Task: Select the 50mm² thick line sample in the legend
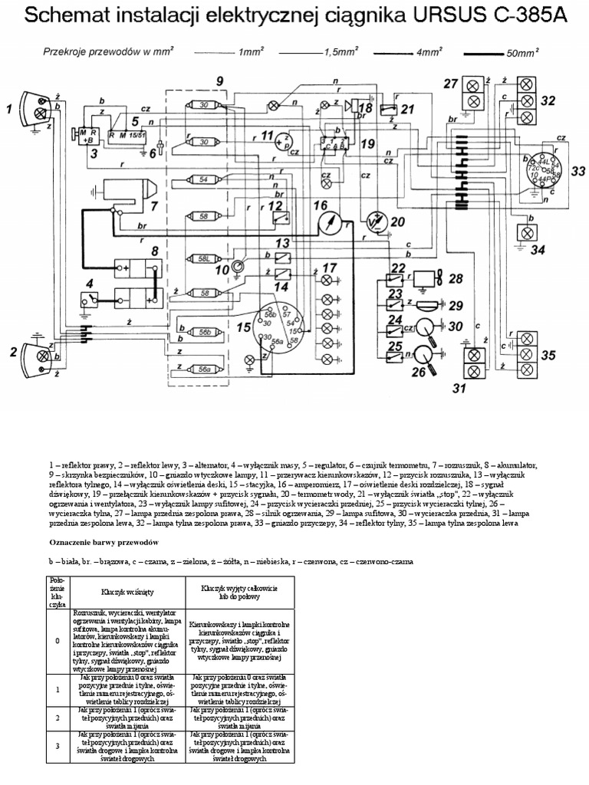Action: (486, 54)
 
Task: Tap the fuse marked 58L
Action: (204, 259)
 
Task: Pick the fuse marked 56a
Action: (204, 369)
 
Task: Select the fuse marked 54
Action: (204, 180)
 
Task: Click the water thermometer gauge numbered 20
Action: (374, 223)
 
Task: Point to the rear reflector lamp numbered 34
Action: (527, 232)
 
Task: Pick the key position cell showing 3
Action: (58, 744)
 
